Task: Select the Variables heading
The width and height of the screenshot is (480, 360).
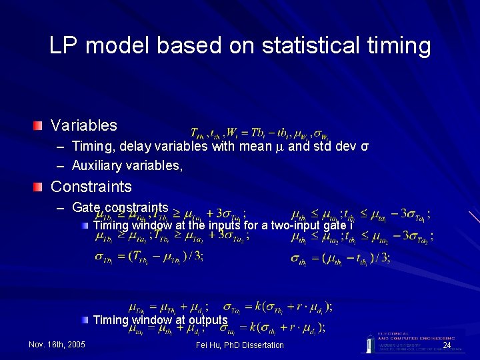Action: point(84,125)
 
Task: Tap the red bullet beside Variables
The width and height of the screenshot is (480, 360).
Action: point(41,125)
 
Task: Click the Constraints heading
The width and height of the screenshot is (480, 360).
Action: point(91,186)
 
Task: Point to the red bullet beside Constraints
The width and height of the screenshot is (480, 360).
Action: point(41,186)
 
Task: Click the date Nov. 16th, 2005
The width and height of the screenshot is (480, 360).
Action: point(57,344)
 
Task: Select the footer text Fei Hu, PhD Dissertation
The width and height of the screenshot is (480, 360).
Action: point(240,344)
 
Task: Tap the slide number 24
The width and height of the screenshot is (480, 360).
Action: point(447,345)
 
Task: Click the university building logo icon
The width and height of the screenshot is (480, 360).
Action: point(369,343)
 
